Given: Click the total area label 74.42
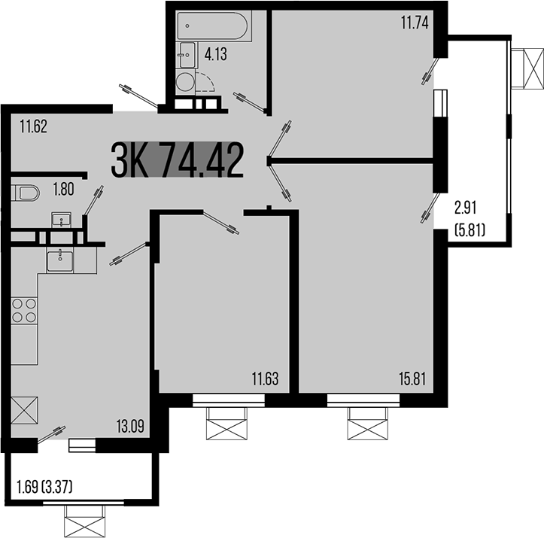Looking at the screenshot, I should click(x=202, y=160).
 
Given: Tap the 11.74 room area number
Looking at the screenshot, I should click(x=414, y=23).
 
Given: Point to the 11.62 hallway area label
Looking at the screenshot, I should click(x=34, y=126).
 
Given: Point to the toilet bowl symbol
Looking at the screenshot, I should click(x=26, y=193).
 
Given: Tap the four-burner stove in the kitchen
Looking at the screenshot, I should click(x=25, y=310).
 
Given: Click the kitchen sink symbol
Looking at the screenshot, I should click(x=60, y=261).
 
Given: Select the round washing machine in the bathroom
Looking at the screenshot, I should click(x=184, y=81).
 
